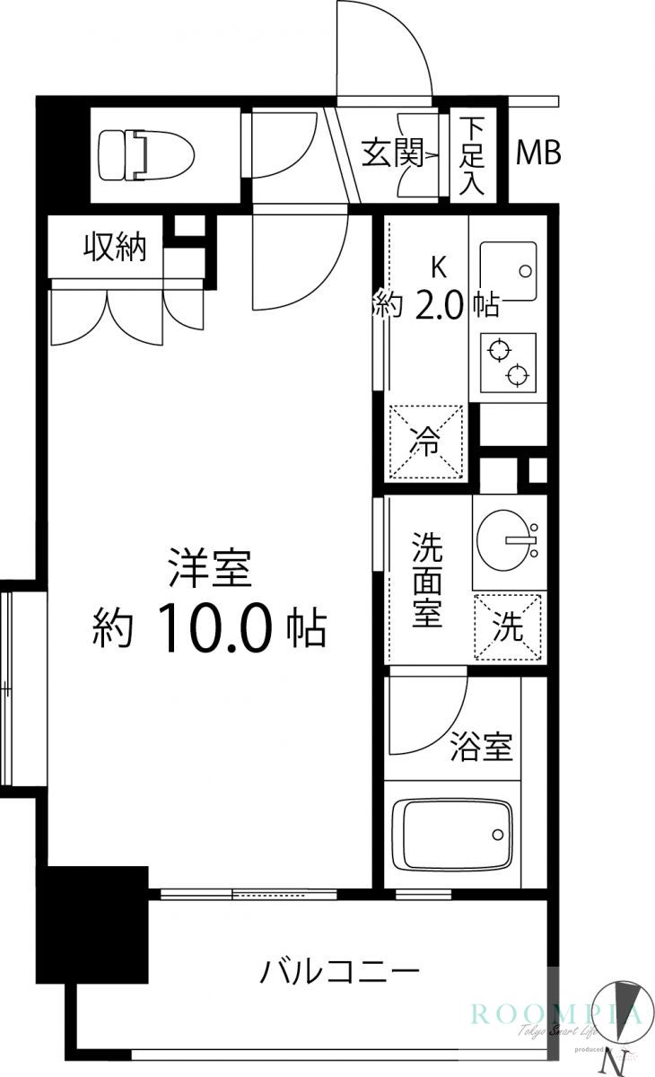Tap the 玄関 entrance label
pyautogui.click(x=392, y=153)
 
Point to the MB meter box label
pyautogui.click(x=537, y=153)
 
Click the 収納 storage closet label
pyautogui.click(x=115, y=246)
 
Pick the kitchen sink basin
pyautogui.click(x=508, y=270)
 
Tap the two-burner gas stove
pyautogui.click(x=508, y=362)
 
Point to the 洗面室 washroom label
pyautogui.click(x=426, y=579)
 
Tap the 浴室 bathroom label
pyautogui.click(x=481, y=747)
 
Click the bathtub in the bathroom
pyautogui.click(x=457, y=834)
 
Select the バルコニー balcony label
pyautogui.click(x=340, y=971)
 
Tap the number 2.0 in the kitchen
pyautogui.click(x=439, y=307)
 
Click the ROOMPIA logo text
pyautogui.click(x=556, y=1014)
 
